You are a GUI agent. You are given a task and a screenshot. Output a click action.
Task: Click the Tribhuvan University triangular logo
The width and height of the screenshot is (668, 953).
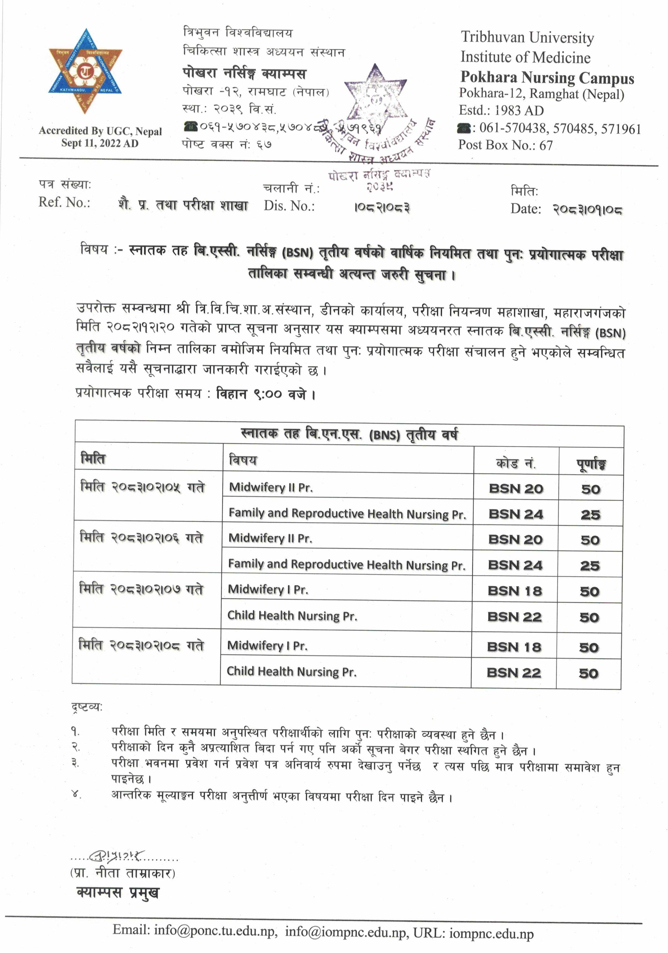point(85,71)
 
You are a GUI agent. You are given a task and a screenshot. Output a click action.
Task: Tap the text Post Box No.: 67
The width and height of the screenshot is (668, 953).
point(505,145)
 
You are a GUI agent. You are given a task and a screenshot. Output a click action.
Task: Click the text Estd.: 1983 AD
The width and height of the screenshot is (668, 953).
point(501,110)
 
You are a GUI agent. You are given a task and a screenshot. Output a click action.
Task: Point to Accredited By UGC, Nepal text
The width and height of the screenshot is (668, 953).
point(100,131)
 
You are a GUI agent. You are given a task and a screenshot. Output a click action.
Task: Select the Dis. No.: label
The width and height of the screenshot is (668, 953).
point(289,206)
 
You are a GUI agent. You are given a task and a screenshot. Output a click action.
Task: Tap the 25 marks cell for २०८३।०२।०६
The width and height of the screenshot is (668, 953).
point(590,565)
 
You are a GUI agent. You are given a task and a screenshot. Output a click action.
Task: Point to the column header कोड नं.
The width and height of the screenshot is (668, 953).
point(516,462)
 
